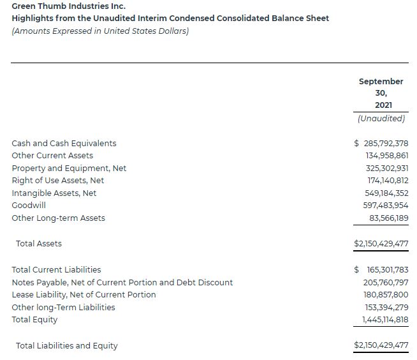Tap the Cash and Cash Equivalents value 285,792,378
pos(385,143)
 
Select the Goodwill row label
pos(29,206)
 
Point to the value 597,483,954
pos(385,206)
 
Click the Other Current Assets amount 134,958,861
pos(385,156)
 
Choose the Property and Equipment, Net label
pos(69,168)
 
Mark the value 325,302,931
pos(385,168)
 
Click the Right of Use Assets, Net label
pos(57,181)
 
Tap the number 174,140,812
pos(385,181)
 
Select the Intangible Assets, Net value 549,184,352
pos(385,193)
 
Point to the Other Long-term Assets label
pos(58,218)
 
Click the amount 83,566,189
pos(389,218)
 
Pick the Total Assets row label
pos(39,243)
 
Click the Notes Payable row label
pos(122,282)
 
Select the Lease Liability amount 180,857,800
pos(385,294)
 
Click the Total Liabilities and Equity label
pos(67,345)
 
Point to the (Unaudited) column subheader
pos(381,118)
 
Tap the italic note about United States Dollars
pos(100,31)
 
